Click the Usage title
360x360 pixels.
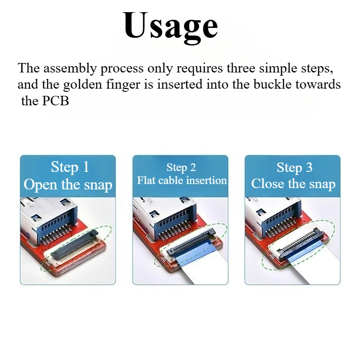click(171, 26)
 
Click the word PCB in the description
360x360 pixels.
click(56, 101)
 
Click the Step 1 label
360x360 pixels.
click(70, 167)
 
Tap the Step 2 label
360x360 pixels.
click(181, 168)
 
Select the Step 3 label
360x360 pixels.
click(294, 168)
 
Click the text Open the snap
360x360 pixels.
click(68, 184)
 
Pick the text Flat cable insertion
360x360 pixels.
click(182, 180)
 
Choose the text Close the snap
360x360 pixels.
click(293, 184)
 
